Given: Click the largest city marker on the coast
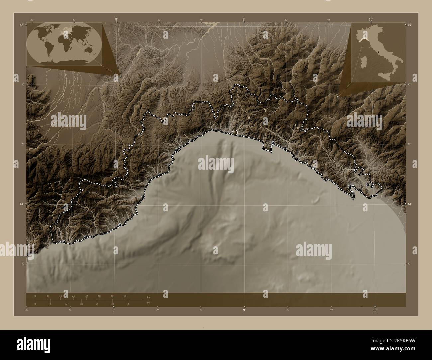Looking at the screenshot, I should point(235,132).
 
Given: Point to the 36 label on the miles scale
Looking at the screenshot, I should point(128,304).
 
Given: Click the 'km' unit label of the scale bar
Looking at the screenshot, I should point(148,297).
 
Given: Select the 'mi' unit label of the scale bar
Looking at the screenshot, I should point(148,303).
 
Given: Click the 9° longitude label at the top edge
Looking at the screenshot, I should point(244,20).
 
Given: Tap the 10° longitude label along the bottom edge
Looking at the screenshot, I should point(375,310).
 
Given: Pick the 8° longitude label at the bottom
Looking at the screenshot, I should point(114,310).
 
